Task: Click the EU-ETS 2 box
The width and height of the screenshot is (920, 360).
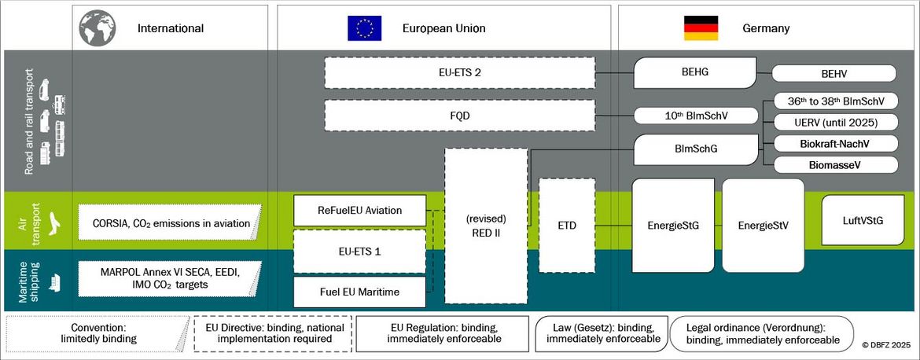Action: [x=460, y=73]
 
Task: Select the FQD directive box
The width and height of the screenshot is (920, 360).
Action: [x=460, y=115]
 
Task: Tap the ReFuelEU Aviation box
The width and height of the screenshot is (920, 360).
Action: [x=359, y=210]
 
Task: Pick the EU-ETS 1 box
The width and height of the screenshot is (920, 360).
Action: [x=359, y=252]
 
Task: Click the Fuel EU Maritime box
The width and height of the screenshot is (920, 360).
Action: [x=359, y=292]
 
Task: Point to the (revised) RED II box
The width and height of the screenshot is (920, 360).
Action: [x=485, y=225]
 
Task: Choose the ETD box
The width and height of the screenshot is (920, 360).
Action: [x=566, y=226]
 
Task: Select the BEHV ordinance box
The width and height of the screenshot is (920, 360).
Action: [x=834, y=74]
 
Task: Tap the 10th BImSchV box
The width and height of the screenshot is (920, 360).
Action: [x=696, y=116]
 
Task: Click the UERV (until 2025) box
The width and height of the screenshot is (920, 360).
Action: [x=836, y=122]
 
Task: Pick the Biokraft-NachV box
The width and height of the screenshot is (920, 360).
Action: [x=836, y=143]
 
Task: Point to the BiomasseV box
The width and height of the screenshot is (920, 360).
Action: [x=836, y=164]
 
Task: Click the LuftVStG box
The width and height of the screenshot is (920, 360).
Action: [x=862, y=220]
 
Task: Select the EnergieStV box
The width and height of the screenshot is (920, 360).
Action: [x=763, y=226]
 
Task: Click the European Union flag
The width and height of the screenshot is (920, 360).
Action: [x=365, y=28]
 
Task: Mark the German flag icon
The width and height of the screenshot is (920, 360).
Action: [x=701, y=28]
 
